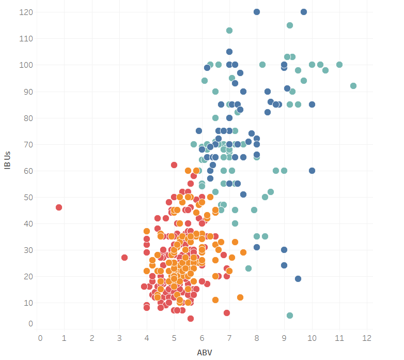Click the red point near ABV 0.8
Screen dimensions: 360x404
coord(59,207)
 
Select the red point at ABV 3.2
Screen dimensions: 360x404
coord(125,258)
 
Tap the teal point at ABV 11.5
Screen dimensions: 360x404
coord(353,86)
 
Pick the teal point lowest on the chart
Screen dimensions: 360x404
coord(290,316)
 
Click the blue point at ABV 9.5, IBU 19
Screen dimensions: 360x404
coord(298,279)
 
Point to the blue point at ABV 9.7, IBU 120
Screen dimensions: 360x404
coord(304,12)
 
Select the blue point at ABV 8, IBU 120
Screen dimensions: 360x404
coord(257,12)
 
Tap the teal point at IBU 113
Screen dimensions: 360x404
coord(229,31)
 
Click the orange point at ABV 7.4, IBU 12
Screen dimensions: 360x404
coord(240,297)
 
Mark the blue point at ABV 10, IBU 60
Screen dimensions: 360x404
coord(312,171)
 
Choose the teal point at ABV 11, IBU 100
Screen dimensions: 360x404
coord(339,65)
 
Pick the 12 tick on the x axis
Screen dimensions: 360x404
coord(367,338)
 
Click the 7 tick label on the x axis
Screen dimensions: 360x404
coord(229,338)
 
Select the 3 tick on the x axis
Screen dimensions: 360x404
coord(120,338)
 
